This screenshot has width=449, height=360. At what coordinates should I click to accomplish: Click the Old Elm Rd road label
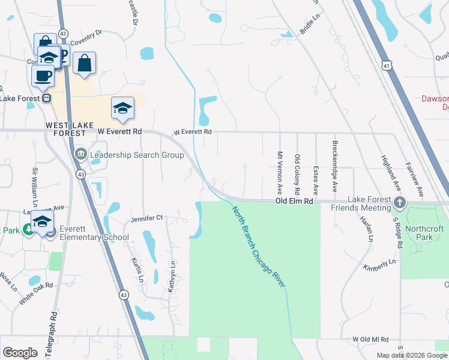click(294, 202)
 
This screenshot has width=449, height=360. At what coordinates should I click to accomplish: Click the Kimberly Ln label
click(380, 265)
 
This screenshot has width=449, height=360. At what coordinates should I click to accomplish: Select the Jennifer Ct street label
click(146, 218)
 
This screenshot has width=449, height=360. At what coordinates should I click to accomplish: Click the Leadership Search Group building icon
click(80, 155)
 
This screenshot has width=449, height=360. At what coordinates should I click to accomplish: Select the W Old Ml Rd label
click(372, 340)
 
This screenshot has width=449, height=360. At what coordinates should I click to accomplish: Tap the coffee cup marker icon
click(43, 76)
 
